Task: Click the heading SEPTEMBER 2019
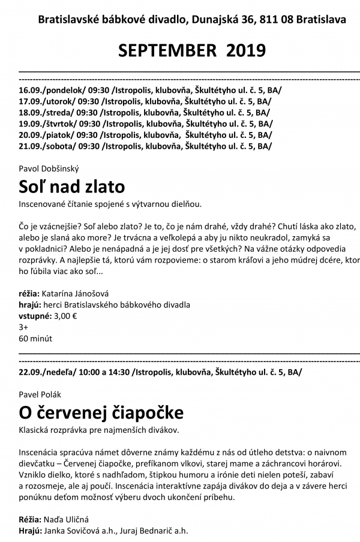click(192, 51)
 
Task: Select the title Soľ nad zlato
click(72, 186)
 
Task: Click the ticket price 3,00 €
click(65, 316)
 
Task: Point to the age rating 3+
click(24, 327)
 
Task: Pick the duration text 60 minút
click(35, 339)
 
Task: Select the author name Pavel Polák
click(40, 395)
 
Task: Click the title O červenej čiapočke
click(101, 412)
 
